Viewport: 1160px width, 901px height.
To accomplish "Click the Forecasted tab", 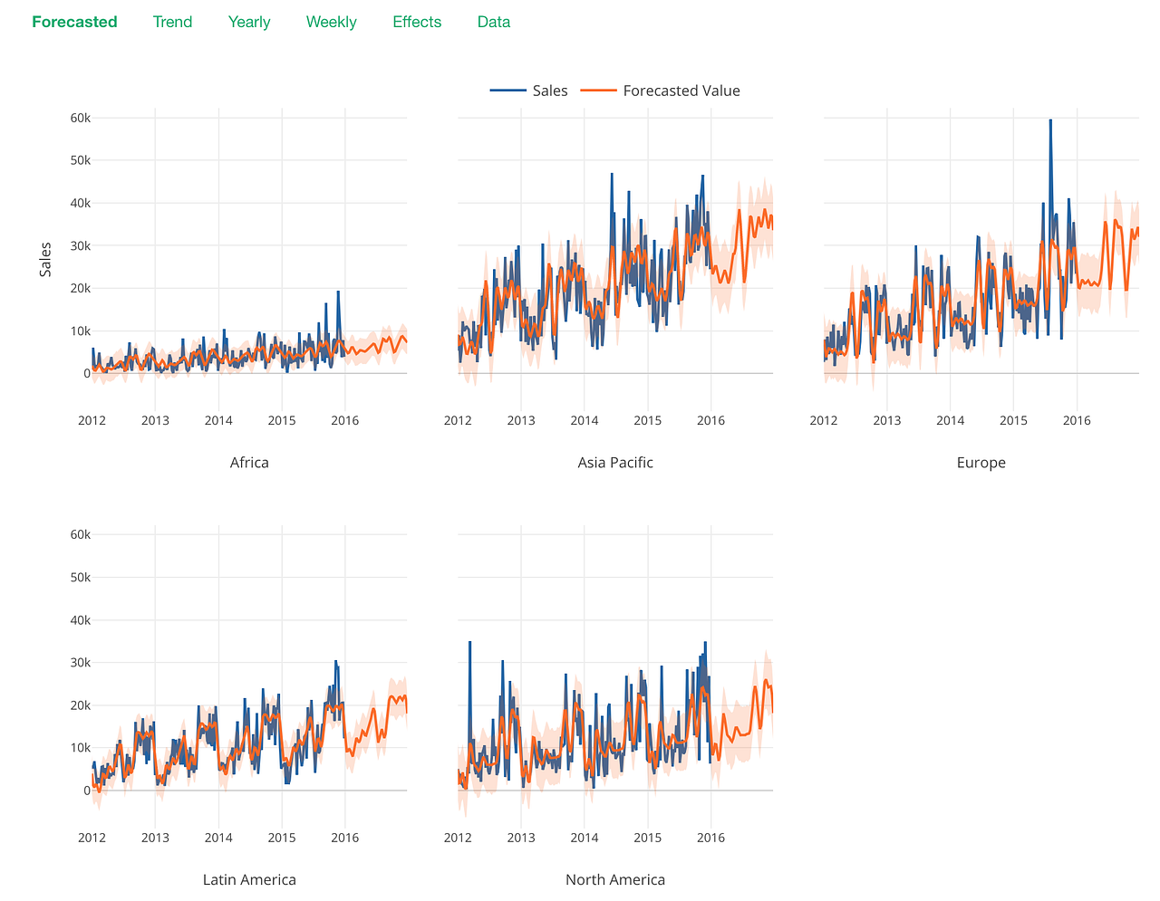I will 74,22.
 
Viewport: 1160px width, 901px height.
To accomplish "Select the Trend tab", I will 172,22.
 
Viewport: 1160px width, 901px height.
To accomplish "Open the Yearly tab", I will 249,22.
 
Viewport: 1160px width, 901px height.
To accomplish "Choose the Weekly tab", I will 331,22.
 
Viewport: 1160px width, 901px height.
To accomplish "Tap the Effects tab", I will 417,22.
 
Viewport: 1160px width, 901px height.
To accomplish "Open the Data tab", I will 494,22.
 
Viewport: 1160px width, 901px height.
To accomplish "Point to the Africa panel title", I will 249,463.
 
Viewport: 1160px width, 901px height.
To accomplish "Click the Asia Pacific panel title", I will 615,463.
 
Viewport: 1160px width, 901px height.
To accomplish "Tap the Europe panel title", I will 981,463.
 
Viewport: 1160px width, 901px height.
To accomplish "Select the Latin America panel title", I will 249,879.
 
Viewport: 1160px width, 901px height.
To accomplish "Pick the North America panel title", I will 615,879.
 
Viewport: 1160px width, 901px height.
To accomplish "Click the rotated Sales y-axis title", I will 45,259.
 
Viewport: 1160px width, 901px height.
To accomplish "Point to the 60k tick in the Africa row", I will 80,118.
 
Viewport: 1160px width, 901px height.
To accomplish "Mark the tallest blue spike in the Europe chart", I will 1050,121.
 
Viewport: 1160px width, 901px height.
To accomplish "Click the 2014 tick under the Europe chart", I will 950,420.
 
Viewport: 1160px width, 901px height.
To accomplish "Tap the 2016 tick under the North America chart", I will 710,838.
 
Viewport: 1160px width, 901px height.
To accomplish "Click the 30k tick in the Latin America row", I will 80,663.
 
